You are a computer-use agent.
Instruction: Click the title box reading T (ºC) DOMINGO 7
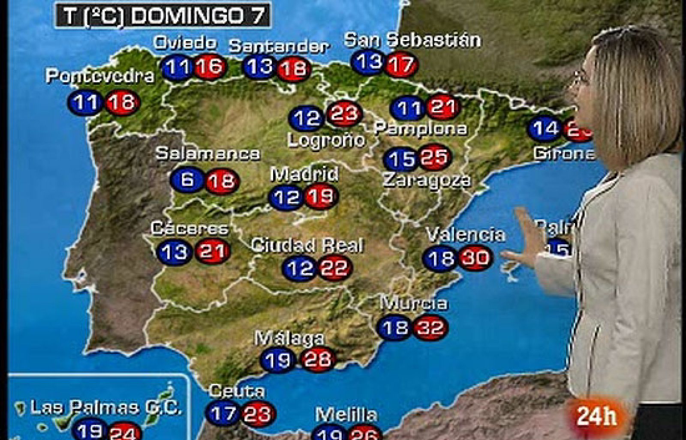163,15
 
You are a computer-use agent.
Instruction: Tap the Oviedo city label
185,43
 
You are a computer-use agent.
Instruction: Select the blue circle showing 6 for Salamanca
187,180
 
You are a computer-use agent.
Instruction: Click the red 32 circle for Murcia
430,328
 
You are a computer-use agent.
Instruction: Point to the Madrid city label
304,174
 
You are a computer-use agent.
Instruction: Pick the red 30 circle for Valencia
475,257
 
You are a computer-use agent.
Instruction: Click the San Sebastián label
412,40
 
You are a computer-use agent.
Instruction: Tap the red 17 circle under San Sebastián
401,65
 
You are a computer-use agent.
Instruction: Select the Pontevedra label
100,76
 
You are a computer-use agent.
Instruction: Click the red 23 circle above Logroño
344,114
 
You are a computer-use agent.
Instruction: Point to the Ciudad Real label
307,245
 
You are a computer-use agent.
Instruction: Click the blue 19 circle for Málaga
278,360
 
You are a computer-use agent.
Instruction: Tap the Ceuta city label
237,391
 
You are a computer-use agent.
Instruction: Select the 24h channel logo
596,416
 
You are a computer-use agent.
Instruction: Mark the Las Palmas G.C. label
105,407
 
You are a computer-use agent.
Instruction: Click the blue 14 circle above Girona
545,128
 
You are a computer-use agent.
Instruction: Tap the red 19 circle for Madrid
321,197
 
